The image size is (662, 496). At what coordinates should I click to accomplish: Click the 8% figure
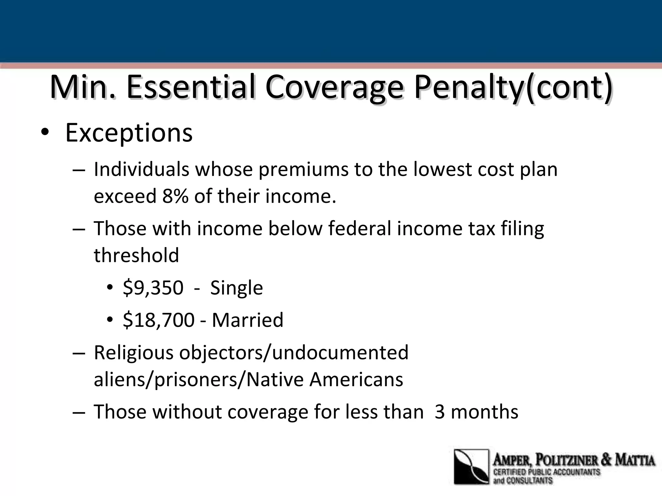pos(175,196)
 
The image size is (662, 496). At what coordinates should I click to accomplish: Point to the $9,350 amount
pos(153,288)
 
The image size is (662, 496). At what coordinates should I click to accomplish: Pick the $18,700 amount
pos(158,320)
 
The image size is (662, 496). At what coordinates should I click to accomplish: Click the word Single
pos(236,288)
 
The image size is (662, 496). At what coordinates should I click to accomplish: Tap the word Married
pos(247,320)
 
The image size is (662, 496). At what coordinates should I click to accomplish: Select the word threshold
pos(136,255)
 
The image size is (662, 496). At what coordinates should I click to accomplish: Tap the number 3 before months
pos(440,412)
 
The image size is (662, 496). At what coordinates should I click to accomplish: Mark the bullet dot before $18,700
pos(110,320)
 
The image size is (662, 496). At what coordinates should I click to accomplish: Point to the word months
pos(484,412)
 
